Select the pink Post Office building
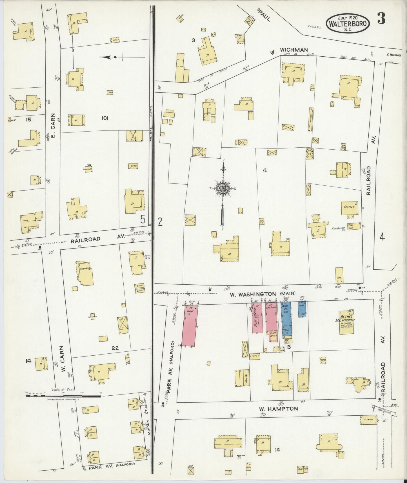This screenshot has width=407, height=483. (257, 318)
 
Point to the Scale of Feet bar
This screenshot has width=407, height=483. (63, 396)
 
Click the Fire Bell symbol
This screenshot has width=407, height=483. (344, 229)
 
